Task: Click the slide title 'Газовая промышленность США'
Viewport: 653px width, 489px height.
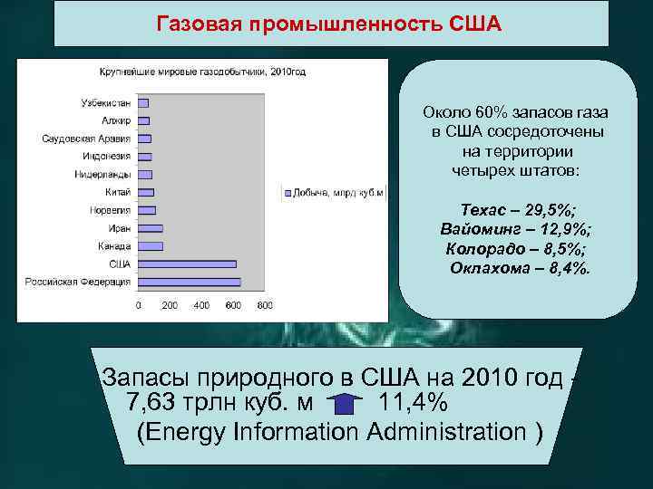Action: click(328, 22)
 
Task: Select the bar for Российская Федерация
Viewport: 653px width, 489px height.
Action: click(188, 281)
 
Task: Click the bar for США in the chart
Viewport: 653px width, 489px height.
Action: click(187, 264)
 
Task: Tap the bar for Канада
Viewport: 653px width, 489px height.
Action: click(151, 245)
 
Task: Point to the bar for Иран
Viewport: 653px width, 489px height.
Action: click(151, 228)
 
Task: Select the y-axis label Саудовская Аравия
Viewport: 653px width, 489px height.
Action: click(86, 139)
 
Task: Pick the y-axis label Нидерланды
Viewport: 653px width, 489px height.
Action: click(102, 174)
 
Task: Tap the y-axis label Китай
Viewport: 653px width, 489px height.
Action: click(117, 192)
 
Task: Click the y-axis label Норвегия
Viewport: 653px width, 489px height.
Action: click(110, 210)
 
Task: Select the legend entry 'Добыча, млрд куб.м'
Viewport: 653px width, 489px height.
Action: click(338, 193)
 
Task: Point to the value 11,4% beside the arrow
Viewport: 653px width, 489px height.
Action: click(413, 401)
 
